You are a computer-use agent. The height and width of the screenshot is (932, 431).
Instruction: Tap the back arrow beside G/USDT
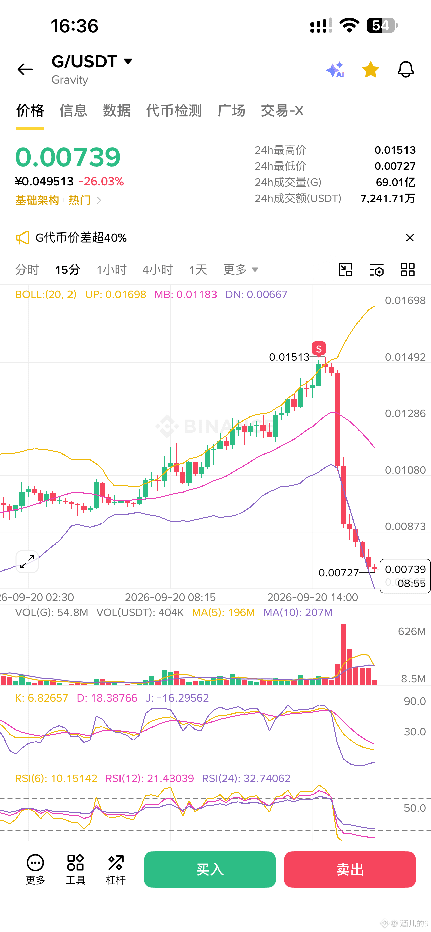(x=25, y=69)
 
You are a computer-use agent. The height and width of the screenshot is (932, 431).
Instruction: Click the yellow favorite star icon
(x=370, y=69)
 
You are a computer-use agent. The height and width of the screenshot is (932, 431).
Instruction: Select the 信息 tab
(x=74, y=111)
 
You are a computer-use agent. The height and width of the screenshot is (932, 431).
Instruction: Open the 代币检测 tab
(x=174, y=111)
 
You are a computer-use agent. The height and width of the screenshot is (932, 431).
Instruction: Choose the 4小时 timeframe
(x=158, y=269)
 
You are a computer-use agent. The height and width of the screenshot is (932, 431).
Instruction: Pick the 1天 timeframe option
(x=198, y=269)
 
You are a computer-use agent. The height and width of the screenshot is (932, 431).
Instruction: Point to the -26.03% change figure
(x=101, y=181)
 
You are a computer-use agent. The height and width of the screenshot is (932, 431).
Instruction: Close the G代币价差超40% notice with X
(x=410, y=238)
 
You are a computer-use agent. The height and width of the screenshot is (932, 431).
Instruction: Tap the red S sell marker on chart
(x=319, y=349)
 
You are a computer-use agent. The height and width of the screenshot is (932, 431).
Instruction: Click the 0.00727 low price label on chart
(x=338, y=573)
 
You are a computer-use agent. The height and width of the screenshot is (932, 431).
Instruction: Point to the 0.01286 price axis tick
(x=405, y=414)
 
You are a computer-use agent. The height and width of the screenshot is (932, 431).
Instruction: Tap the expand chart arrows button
(x=27, y=562)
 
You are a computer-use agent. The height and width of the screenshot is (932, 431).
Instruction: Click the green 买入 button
(x=210, y=869)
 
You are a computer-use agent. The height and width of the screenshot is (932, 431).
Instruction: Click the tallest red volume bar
(x=343, y=655)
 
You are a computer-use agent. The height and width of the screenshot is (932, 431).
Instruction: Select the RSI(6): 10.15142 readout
(x=56, y=779)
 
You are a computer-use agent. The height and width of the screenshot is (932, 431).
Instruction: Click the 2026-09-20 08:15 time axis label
(x=171, y=597)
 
